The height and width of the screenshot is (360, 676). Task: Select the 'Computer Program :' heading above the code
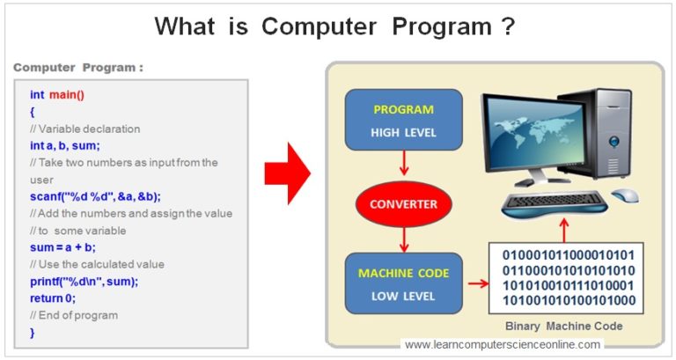coord(78,68)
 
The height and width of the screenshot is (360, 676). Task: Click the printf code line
coord(84,282)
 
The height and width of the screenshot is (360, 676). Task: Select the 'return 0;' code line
coord(53,298)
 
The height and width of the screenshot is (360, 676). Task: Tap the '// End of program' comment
coord(74,315)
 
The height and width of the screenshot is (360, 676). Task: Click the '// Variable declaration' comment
coord(84,129)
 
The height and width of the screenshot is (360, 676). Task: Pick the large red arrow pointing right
coord(287,172)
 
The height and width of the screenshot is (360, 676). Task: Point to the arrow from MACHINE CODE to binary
coord(475,284)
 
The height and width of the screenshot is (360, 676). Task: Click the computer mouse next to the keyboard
coord(624,195)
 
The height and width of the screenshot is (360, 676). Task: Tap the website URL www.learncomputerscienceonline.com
coord(503,345)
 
